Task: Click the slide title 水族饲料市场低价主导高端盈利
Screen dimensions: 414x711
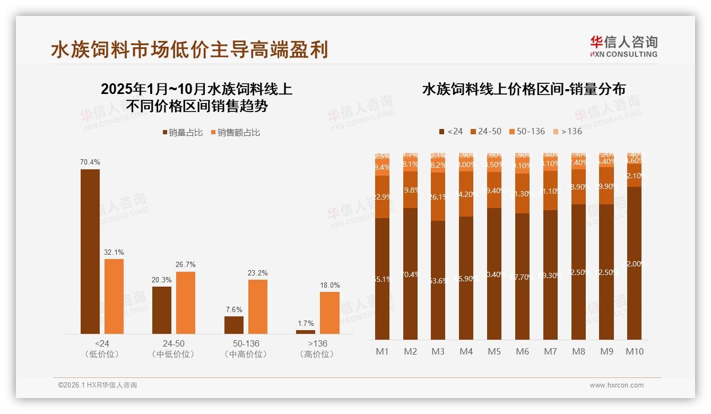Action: click(189, 49)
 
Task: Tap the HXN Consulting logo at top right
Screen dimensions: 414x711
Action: click(623, 46)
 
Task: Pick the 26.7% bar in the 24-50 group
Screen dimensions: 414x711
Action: click(186, 303)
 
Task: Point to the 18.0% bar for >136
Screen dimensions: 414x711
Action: click(330, 313)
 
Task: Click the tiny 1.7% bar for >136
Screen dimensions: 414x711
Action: click(306, 332)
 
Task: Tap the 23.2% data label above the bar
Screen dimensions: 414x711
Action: click(257, 273)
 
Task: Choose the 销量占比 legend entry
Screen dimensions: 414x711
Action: click(183, 133)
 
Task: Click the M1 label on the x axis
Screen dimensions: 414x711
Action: click(382, 351)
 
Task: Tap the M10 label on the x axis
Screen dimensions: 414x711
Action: click(635, 351)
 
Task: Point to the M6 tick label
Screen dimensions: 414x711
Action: click(523, 351)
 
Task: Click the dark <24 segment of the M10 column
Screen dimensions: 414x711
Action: click(635, 263)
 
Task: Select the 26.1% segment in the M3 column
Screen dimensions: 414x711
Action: click(438, 196)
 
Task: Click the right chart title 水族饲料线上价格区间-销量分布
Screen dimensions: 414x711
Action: click(523, 89)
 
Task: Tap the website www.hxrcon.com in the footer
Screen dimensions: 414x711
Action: click(617, 385)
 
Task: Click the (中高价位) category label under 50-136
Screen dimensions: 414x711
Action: click(246, 354)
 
